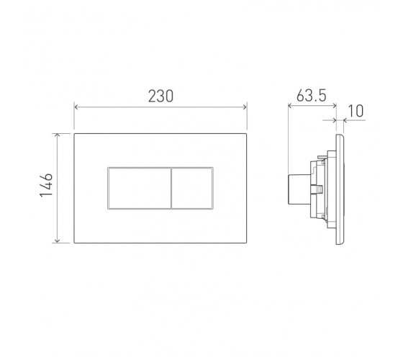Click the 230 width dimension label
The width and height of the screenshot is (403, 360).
161,96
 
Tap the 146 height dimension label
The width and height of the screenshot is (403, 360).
46,185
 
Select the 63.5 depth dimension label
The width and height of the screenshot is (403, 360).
311,96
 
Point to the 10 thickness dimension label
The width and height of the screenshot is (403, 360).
356,111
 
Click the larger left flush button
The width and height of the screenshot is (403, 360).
140,188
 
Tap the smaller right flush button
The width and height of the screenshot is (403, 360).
192,188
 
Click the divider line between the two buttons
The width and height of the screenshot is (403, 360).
171,188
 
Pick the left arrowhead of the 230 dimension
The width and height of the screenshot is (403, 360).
76,107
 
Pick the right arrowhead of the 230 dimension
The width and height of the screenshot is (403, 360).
245,107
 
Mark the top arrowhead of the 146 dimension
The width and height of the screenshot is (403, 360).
57,135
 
